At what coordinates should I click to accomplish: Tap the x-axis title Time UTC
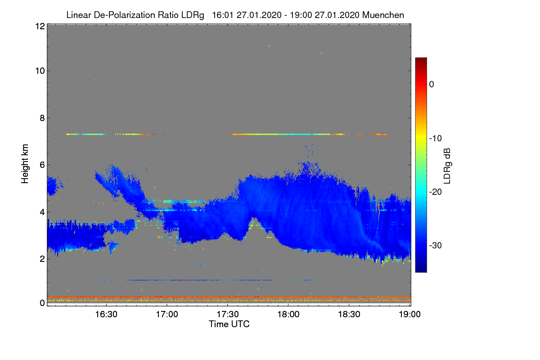coord(229,324)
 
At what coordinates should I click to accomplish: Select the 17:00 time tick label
coord(167,315)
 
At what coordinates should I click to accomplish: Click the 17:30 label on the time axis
coord(228,315)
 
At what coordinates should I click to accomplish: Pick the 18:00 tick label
coord(288,315)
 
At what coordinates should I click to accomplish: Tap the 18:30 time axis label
coord(349,315)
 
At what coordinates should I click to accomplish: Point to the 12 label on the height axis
coord(39,26)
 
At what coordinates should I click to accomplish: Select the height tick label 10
coord(39,71)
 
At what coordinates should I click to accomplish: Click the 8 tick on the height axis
coord(41,118)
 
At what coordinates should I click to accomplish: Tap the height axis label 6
coord(41,165)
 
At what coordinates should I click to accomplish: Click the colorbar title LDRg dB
coord(447,165)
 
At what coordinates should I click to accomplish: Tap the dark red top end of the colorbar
coord(421,60)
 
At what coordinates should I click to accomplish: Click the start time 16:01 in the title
coord(221,15)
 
